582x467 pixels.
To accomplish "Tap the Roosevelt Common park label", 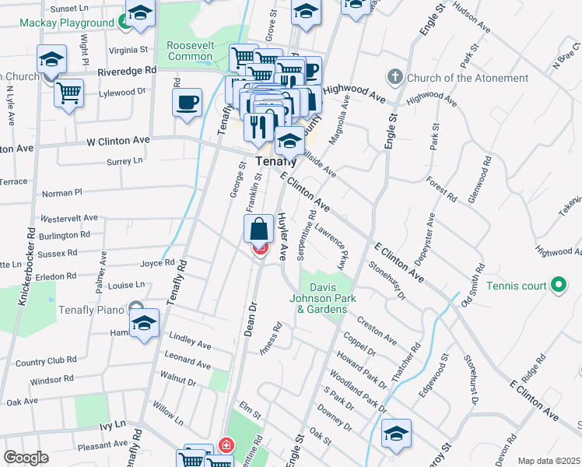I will pyautogui.click(x=190, y=51).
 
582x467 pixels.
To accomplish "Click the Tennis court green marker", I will pyautogui.click(x=557, y=286).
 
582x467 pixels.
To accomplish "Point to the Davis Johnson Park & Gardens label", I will pyautogui.click(x=321, y=297).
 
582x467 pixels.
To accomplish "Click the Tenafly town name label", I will pyautogui.click(x=273, y=163).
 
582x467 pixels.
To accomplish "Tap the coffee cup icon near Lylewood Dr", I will pyautogui.click(x=188, y=103).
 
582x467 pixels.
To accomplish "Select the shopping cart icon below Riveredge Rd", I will pyautogui.click(x=69, y=93).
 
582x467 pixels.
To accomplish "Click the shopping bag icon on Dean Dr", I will pyautogui.click(x=259, y=229).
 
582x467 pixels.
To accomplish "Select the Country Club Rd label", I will pyautogui.click(x=46, y=362).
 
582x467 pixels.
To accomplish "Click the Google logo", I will pyautogui.click(x=26, y=458).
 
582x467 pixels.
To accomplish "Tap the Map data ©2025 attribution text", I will pyautogui.click(x=548, y=461).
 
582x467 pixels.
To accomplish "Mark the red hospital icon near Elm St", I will pyautogui.click(x=226, y=445).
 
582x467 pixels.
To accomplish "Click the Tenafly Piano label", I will pyautogui.click(x=91, y=310).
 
